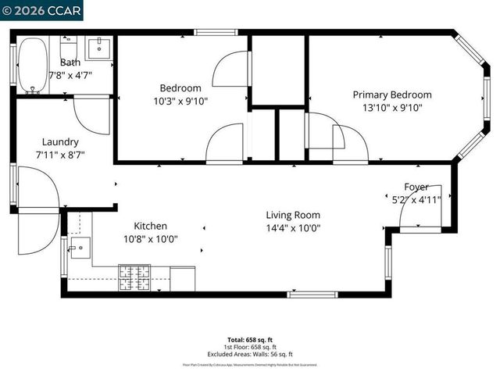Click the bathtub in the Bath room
click(33, 66)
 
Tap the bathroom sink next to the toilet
click(99, 49)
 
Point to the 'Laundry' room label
click(60, 142)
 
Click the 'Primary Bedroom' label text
click(387, 95)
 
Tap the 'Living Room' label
click(293, 216)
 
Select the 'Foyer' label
click(416, 187)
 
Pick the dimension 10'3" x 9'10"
click(180, 101)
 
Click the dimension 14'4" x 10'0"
click(293, 229)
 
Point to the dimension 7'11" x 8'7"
click(60, 155)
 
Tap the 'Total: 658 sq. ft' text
click(250, 340)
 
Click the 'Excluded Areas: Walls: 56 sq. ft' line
click(250, 354)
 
